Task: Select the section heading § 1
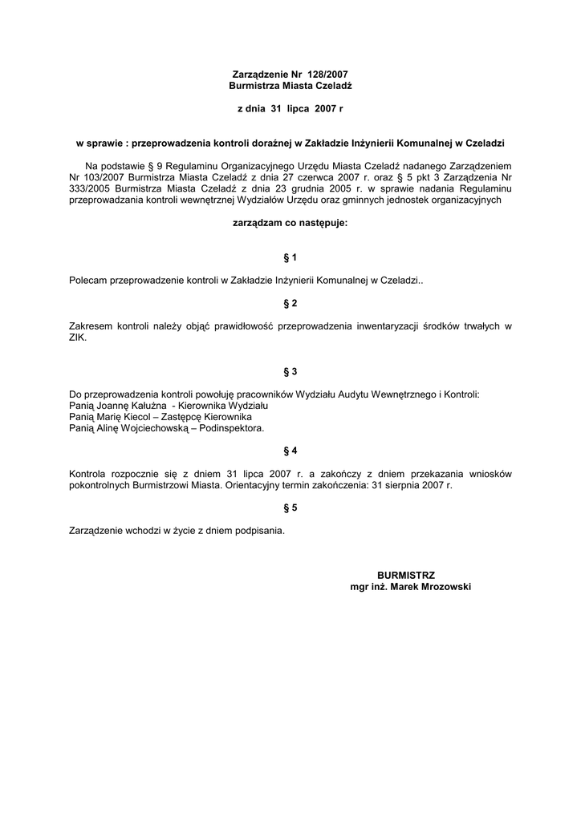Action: pos(290,257)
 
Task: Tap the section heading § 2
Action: pos(290,303)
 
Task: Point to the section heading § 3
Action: pos(290,372)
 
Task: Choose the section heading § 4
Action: pos(290,451)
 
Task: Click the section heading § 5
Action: pos(290,508)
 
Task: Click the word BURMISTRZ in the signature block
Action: pos(406,576)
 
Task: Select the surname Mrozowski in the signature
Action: pos(441,587)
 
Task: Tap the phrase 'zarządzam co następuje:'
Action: pos(290,224)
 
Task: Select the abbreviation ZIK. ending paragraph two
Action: pos(78,338)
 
